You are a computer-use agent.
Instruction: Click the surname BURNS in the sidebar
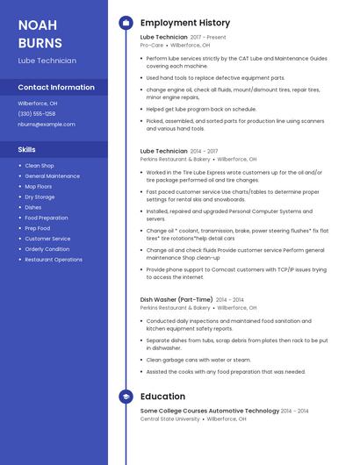pyautogui.click(x=40, y=43)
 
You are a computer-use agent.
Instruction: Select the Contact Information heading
pyautogui.click(x=56, y=88)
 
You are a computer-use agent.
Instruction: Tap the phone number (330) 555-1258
pyautogui.click(x=37, y=113)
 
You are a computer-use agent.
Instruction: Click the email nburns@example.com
pyautogui.click(x=47, y=125)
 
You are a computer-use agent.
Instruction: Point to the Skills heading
pyautogui.click(x=27, y=149)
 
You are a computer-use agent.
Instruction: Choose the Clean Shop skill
pyautogui.click(x=40, y=165)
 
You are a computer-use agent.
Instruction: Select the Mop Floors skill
pyautogui.click(x=39, y=186)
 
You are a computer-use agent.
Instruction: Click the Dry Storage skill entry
pyautogui.click(x=40, y=197)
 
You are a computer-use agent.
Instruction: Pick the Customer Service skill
pyautogui.click(x=47, y=239)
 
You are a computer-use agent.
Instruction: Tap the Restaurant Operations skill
pyautogui.click(x=54, y=260)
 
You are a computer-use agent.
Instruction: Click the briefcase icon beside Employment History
pyautogui.click(x=126, y=22)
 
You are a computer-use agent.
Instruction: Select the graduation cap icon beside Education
pyautogui.click(x=126, y=397)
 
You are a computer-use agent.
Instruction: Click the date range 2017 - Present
pyautogui.click(x=208, y=38)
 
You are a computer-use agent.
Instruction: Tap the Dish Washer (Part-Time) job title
pyautogui.click(x=176, y=299)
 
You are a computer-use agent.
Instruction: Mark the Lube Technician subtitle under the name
pyautogui.click(x=47, y=61)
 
